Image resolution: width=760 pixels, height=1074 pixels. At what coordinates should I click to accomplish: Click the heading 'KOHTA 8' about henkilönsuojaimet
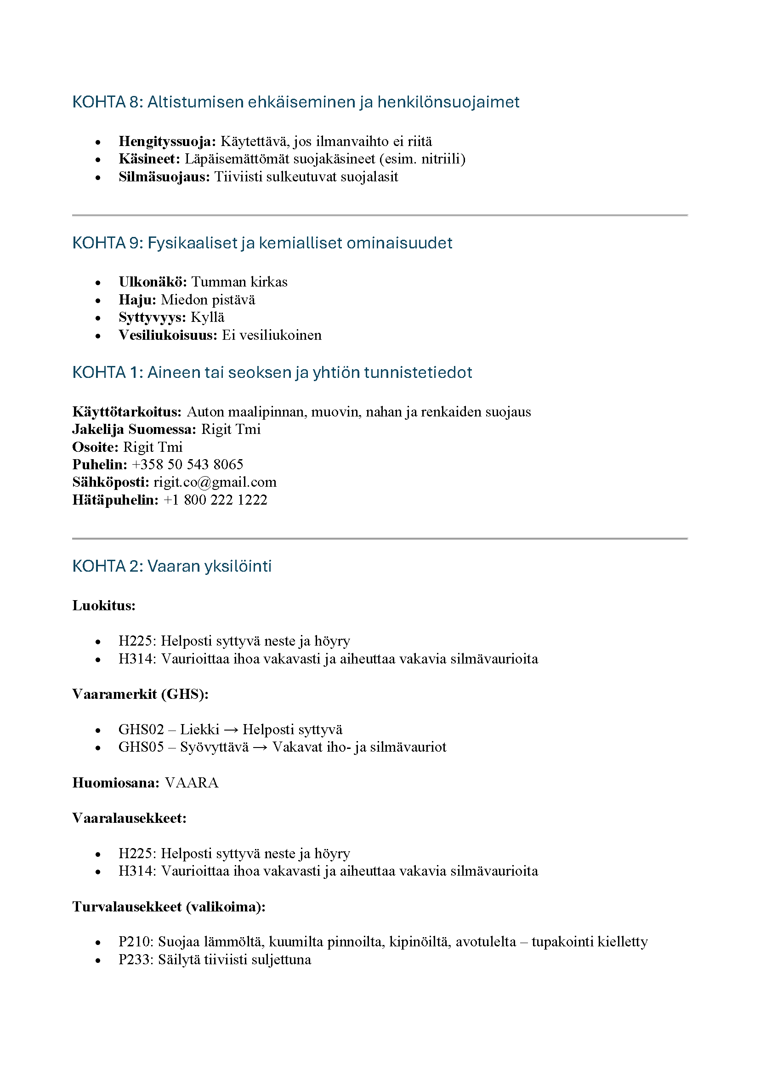coord(295,102)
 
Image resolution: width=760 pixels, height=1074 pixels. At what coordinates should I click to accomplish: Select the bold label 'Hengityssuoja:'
coord(167,141)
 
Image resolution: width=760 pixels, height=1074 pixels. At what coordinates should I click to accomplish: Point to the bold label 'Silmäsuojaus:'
coord(164,177)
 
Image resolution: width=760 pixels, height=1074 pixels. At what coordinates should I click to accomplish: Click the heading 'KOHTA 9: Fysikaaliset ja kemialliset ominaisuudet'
coord(262,243)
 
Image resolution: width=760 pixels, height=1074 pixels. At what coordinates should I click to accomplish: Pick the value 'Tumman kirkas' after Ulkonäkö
coord(239,281)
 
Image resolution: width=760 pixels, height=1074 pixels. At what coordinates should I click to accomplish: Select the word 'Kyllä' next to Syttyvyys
coord(208,317)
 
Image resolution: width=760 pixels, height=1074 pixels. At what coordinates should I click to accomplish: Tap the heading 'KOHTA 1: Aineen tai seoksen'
coord(272,372)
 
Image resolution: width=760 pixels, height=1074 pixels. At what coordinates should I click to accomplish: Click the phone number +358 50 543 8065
coord(187,465)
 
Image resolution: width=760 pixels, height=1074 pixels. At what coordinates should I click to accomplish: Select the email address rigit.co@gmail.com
coord(215,482)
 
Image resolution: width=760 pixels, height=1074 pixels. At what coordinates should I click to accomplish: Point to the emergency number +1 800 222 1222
coord(215,500)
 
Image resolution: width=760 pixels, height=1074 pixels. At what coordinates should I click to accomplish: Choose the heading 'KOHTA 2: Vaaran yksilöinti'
coord(172,566)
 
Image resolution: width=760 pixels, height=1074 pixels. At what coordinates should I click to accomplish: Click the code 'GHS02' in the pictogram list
coord(141,729)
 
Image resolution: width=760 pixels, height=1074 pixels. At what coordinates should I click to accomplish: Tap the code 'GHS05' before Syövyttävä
coord(141,747)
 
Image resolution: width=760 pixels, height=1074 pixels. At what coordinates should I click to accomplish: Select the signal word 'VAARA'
coord(192,782)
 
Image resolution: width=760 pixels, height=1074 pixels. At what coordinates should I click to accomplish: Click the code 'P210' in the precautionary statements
coord(135,942)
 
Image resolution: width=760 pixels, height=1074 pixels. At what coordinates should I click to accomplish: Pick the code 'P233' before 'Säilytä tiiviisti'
coord(135,959)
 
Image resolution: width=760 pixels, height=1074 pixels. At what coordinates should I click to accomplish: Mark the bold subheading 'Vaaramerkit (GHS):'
coord(141,694)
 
